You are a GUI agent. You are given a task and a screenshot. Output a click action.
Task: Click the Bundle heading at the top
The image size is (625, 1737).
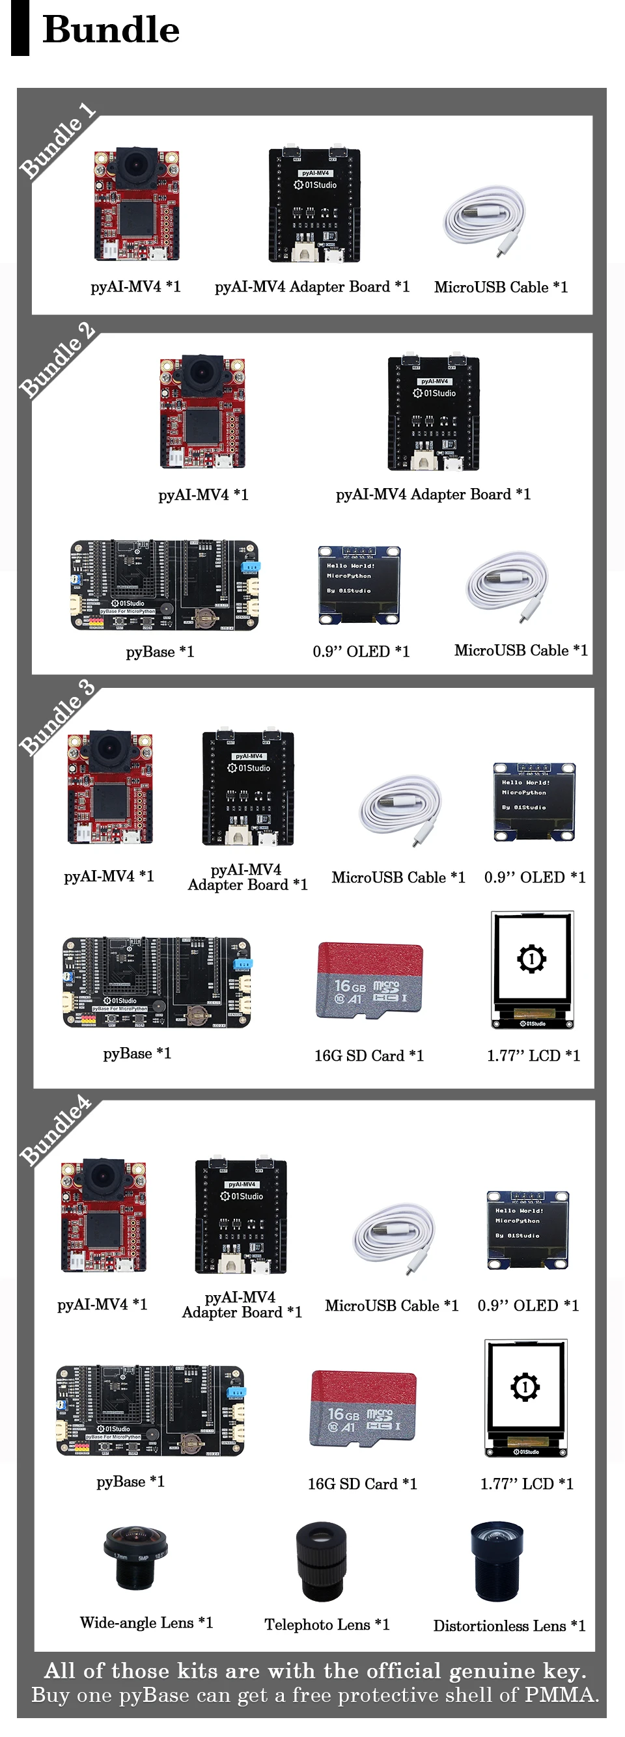(111, 31)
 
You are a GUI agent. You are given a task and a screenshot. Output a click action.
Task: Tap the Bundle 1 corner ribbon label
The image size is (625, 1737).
(58, 141)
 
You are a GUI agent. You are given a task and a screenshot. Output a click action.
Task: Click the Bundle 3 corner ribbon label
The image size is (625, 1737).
(57, 717)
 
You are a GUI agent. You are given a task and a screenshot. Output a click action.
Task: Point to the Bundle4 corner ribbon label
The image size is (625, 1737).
(56, 1131)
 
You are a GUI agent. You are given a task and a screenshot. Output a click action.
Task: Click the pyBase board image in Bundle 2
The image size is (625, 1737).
(165, 584)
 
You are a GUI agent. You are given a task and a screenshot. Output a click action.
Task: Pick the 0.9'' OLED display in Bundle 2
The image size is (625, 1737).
(359, 584)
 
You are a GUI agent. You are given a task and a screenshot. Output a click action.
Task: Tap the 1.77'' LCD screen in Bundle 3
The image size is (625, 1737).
(533, 969)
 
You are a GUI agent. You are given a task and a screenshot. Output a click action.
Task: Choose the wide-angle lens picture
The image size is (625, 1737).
(135, 1557)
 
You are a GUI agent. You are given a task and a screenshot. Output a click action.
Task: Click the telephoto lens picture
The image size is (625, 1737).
(322, 1561)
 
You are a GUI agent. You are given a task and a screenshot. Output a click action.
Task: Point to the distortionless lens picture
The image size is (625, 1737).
(497, 1561)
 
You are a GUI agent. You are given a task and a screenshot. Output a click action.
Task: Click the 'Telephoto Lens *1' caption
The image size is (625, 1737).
(327, 1624)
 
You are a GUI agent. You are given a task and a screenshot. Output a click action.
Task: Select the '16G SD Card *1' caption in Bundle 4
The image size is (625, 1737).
(363, 1483)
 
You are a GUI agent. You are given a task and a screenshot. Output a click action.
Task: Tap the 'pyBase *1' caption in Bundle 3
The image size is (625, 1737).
(137, 1053)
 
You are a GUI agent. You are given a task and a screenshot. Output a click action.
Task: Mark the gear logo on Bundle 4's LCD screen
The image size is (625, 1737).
(525, 1386)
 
